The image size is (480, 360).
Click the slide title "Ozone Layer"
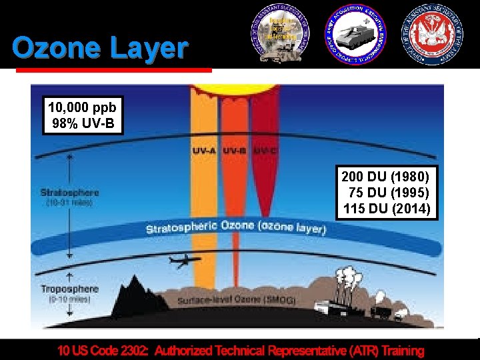coord(100,48)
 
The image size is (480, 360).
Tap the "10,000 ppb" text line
coord(83,107)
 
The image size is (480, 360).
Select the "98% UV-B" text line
coord(83,123)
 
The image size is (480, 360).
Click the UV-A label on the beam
coord(204,151)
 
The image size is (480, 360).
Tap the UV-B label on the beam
coord(235,151)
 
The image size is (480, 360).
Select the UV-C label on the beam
coord(265,151)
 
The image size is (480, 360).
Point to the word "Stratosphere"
coord(69,193)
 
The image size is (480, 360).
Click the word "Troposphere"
coord(69,289)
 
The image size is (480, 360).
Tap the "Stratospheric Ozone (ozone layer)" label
coord(236,227)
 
